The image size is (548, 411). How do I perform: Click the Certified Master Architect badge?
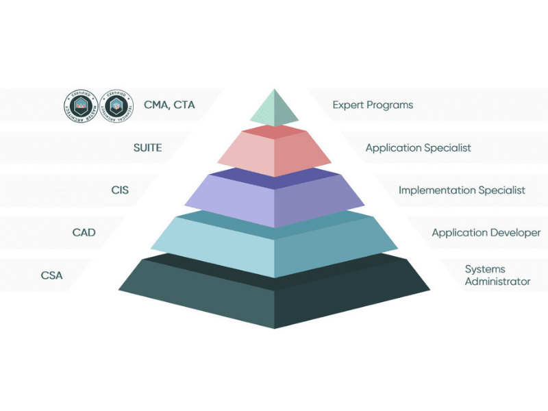82,105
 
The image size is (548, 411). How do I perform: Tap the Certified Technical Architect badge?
117,105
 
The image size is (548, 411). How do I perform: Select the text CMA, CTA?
169,105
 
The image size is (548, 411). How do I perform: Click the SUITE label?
147,147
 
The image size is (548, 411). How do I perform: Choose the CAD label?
84,233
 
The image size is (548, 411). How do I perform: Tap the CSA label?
51,275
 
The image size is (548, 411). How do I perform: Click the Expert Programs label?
373,105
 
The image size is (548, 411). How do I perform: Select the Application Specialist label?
418,148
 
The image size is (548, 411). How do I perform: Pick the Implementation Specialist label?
462,190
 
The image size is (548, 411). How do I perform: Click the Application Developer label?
486,233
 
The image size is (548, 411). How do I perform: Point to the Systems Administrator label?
497,275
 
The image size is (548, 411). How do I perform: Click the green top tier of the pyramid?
274,110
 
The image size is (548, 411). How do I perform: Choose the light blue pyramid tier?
274,243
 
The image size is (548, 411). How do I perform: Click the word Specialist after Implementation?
501,190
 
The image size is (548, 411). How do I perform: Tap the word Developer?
514,233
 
